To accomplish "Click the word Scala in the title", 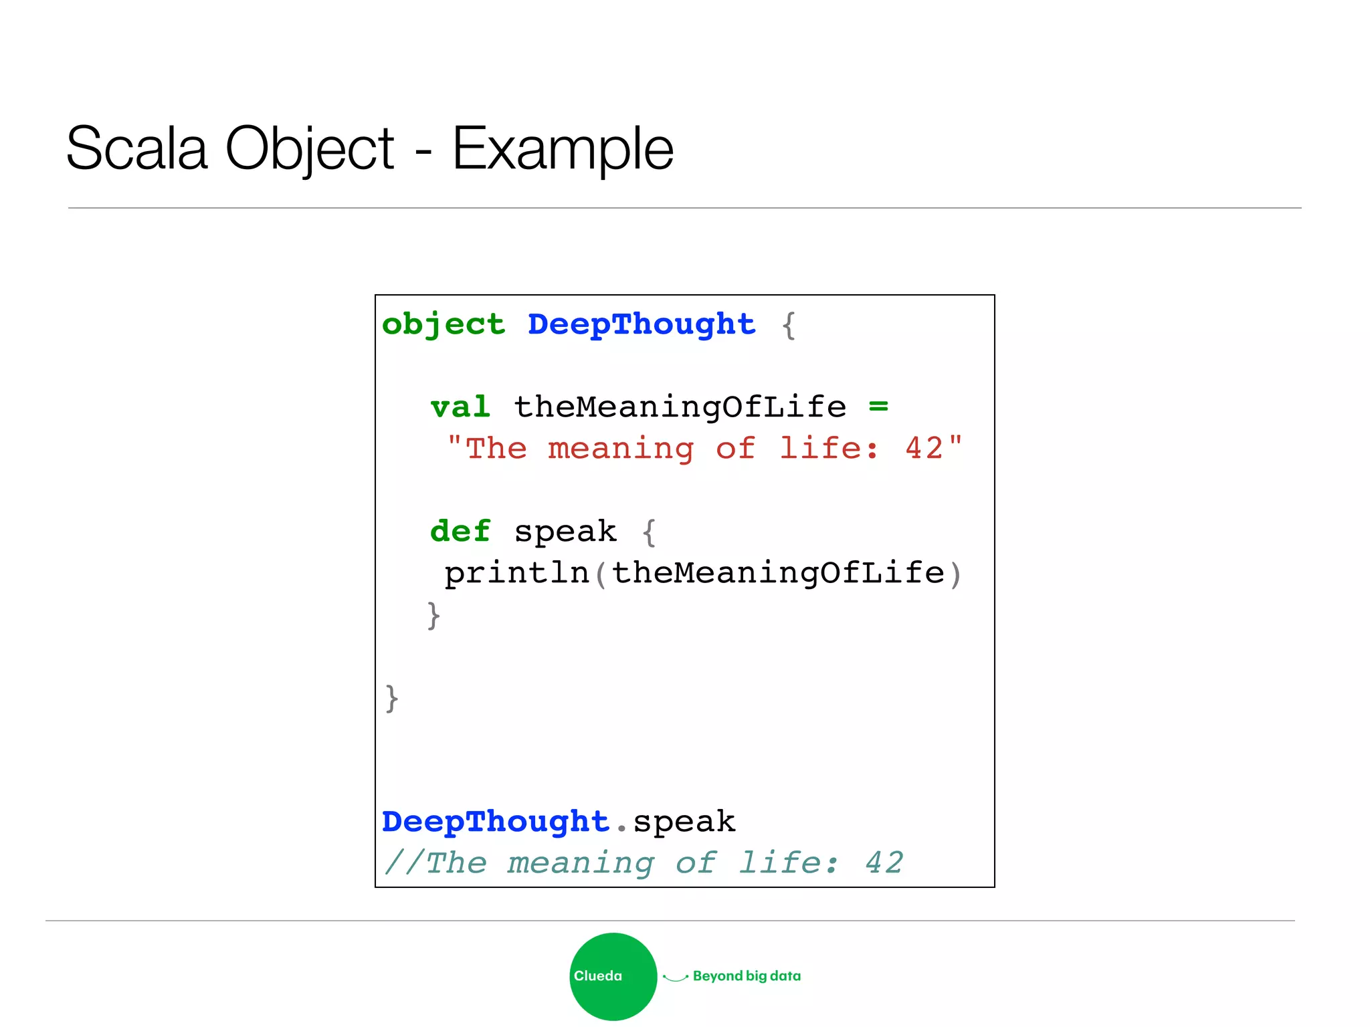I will tap(136, 148).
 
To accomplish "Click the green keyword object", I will tap(444, 325).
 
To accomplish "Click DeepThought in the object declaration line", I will tap(642, 325).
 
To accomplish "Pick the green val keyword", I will tap(460, 407).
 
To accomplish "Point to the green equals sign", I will tap(878, 406).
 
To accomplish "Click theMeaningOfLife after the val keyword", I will tap(680, 407).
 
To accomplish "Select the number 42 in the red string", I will tap(924, 449).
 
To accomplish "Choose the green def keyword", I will tap(460, 532).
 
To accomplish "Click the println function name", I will tap(516, 574).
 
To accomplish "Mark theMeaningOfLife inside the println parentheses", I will tap(778, 574).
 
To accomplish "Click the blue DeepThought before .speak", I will tap(496, 822).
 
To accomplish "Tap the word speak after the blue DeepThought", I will tap(684, 822).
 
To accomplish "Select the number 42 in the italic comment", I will tap(884, 863).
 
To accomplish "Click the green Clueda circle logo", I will tap(613, 976).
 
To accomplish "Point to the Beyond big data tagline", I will tap(747, 976).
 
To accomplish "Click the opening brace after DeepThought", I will tap(789, 326).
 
